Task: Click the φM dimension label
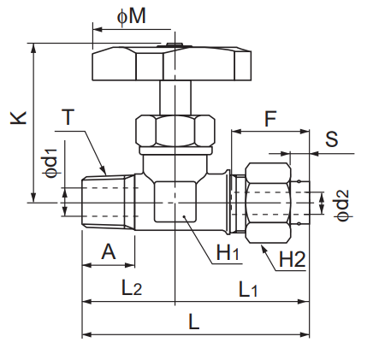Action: [132, 16]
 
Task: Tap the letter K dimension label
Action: [19, 117]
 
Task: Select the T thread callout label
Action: [68, 117]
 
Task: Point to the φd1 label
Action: [52, 162]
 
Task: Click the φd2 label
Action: [342, 205]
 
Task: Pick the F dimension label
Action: [270, 119]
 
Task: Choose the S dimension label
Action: [331, 139]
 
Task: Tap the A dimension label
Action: [109, 251]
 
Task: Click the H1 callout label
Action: [228, 252]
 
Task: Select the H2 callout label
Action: [292, 259]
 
